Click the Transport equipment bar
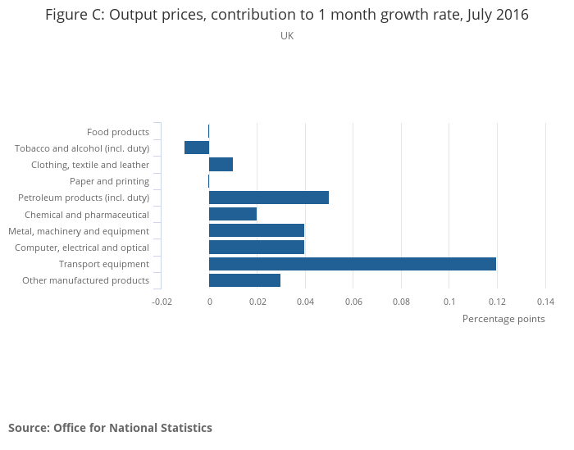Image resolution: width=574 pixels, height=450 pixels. click(353, 264)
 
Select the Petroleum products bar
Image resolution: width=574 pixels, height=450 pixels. click(269, 198)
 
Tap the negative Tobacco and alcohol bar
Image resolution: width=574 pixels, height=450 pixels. click(197, 148)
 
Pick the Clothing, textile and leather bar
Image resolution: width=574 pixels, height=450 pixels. click(221, 164)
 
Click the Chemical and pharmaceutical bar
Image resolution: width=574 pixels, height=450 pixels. click(233, 214)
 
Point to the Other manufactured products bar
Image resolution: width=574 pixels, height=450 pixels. click(245, 280)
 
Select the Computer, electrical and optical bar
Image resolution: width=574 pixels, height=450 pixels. click(257, 248)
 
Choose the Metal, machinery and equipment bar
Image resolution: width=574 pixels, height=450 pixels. click(257, 230)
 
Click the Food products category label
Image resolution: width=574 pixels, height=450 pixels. click(118, 132)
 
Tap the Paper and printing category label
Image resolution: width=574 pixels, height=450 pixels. click(121, 181)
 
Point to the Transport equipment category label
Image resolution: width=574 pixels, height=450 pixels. click(104, 264)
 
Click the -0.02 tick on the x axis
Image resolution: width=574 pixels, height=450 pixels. click(162, 302)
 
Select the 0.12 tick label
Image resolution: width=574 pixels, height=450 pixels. click(497, 302)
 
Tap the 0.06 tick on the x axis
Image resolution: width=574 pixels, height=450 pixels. click(353, 302)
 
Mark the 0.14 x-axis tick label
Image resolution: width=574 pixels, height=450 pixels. click(545, 302)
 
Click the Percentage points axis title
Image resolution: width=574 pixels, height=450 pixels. click(503, 319)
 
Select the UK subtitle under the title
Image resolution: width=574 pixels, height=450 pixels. click(287, 36)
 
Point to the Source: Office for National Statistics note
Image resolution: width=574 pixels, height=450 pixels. click(110, 428)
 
